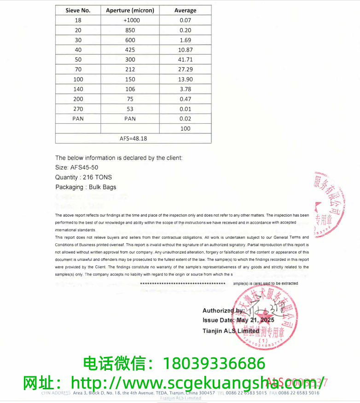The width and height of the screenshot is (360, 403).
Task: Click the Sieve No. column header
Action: point(78,10)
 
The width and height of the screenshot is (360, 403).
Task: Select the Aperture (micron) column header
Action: point(130,10)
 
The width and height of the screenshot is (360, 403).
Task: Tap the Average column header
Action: point(185,10)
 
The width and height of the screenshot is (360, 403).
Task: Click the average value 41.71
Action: point(185,59)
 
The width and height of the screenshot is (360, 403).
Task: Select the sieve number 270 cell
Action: point(78,109)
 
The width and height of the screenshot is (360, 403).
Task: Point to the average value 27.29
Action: point(185,69)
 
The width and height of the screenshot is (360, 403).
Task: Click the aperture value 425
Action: point(130,50)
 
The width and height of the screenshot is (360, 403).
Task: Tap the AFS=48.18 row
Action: point(133,138)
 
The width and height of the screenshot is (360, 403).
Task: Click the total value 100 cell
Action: point(185,128)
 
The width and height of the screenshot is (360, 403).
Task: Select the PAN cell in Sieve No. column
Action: point(78,119)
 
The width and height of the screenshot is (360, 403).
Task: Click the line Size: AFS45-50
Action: point(76,167)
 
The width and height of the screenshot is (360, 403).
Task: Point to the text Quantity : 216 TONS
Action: point(83,177)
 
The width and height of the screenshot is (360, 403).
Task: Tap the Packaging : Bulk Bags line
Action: point(86,187)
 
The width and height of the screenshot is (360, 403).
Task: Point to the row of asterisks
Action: point(183,284)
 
